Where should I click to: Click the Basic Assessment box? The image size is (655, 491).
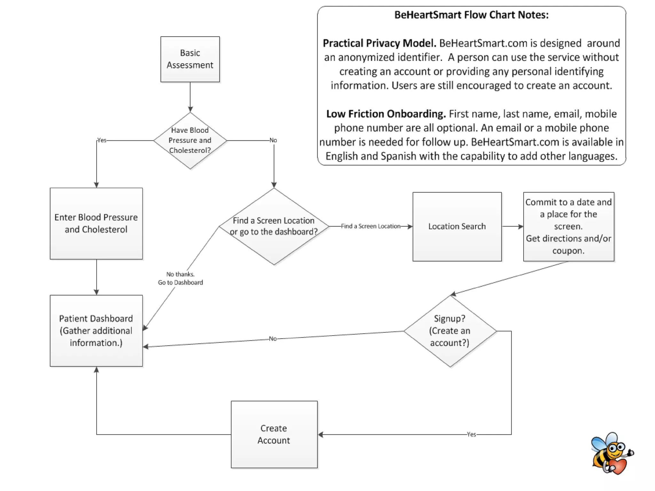point(190,59)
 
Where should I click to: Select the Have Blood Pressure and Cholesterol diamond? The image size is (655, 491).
point(190,140)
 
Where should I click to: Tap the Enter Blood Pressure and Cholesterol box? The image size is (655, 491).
point(96,223)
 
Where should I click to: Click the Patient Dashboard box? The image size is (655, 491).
point(96,330)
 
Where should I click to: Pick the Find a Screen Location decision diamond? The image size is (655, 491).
point(274,226)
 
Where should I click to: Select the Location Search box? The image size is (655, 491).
point(457,226)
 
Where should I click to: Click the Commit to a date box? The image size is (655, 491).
point(569,226)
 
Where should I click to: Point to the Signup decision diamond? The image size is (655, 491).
point(450,331)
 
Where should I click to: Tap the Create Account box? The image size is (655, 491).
point(274,434)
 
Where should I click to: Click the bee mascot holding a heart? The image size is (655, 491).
point(612,453)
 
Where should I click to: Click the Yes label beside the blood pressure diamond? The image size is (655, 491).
point(102,140)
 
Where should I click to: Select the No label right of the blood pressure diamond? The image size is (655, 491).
point(273,140)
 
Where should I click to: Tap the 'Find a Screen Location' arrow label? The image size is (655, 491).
point(371,226)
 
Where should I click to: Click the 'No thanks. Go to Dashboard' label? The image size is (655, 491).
point(180,278)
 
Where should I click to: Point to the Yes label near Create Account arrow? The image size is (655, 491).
point(471,434)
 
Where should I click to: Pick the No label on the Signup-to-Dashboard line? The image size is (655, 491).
point(273,338)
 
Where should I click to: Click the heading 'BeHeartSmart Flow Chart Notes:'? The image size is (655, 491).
point(471,15)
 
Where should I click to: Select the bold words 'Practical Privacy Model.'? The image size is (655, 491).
point(379,43)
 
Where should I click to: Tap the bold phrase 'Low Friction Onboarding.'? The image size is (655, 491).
point(386,114)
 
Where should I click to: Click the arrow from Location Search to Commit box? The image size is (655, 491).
point(513,226)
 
